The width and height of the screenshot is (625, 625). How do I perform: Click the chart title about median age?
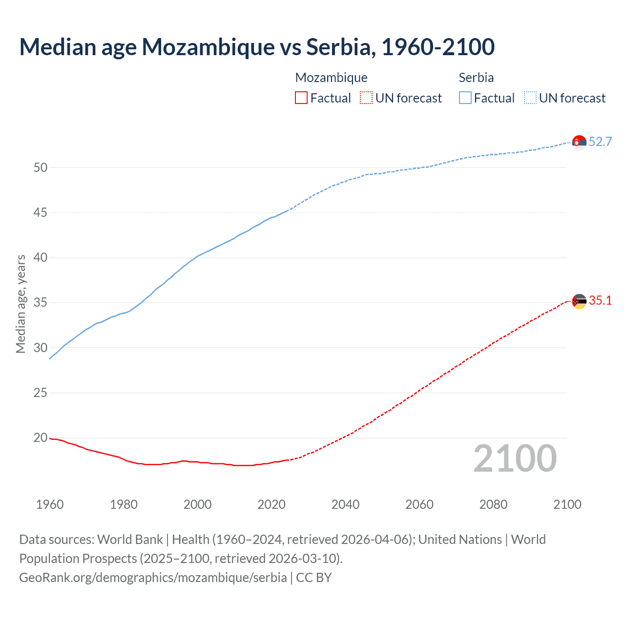pyautogui.click(x=257, y=47)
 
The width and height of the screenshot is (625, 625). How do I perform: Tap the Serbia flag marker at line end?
pyautogui.click(x=579, y=142)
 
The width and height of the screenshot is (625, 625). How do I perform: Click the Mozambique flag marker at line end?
pyautogui.click(x=579, y=301)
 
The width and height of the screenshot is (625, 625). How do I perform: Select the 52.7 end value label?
pyautogui.click(x=600, y=142)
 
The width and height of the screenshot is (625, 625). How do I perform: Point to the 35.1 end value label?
pyautogui.click(x=600, y=301)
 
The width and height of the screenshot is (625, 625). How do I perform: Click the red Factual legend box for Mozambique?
pyautogui.click(x=301, y=98)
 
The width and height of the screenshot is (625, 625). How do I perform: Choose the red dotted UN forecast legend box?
pyautogui.click(x=366, y=98)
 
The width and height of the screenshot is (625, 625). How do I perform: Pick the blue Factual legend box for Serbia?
pyautogui.click(x=465, y=98)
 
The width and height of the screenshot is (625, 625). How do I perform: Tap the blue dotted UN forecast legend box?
pyautogui.click(x=530, y=98)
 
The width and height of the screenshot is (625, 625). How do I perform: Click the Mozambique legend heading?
pyautogui.click(x=331, y=78)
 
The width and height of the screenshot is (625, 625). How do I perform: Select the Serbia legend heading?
pyautogui.click(x=476, y=78)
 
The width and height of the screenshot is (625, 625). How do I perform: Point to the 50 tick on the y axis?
pyautogui.click(x=41, y=167)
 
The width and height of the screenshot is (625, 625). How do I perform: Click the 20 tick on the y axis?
pyautogui.click(x=41, y=438)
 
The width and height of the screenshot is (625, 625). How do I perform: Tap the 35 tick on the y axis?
pyautogui.click(x=41, y=303)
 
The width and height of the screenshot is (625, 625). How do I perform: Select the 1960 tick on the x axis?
pyautogui.click(x=50, y=504)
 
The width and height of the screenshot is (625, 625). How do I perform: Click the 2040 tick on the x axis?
pyautogui.click(x=345, y=504)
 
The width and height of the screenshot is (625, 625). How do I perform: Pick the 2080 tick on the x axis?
pyautogui.click(x=493, y=504)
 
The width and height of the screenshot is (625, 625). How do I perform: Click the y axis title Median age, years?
pyautogui.click(x=21, y=304)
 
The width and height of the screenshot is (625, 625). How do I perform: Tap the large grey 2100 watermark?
pyautogui.click(x=515, y=458)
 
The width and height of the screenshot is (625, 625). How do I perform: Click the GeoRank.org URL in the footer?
pyautogui.click(x=153, y=578)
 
